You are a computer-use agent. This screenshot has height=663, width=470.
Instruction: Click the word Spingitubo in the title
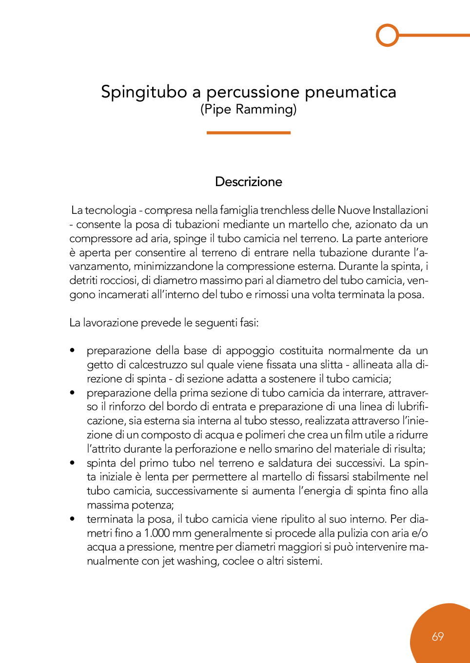(x=144, y=92)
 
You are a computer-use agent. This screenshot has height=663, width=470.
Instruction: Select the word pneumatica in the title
(x=350, y=92)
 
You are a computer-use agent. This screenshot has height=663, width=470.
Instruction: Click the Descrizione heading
(x=249, y=182)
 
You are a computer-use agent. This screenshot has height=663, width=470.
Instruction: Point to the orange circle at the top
(x=388, y=35)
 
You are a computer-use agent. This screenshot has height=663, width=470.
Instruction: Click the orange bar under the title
(x=249, y=133)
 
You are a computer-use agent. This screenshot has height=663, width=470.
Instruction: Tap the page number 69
(x=438, y=636)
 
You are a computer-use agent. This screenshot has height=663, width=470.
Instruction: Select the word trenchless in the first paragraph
(x=284, y=210)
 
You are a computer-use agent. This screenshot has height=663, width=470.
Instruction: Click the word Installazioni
(x=400, y=210)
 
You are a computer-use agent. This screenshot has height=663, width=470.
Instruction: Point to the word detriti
(x=83, y=281)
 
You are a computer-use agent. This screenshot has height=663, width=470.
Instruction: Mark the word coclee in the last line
(x=238, y=561)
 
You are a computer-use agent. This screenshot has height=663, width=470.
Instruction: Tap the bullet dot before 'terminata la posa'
(x=73, y=519)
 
